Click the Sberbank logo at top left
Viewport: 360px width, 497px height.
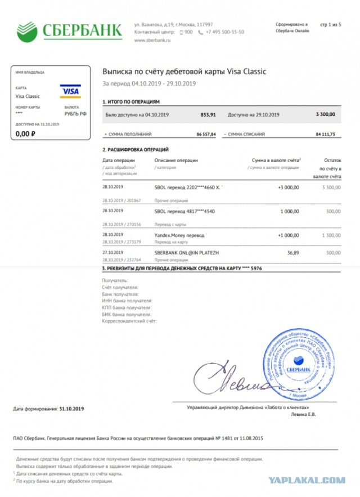pos(69,29)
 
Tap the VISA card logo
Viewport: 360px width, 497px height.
pos(70,91)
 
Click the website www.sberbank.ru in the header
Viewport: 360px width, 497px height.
pos(152,40)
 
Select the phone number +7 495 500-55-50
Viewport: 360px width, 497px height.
pos(225,32)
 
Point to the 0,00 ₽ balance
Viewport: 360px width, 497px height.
pos(26,133)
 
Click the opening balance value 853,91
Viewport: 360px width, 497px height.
pos(208,114)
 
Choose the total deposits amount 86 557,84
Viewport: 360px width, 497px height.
pos(206,135)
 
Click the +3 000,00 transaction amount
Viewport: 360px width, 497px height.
pos(288,186)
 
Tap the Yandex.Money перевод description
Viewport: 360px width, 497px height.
pos(179,234)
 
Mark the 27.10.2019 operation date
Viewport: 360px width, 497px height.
pos(112,253)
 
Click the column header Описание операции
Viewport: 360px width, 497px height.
pos(176,160)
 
